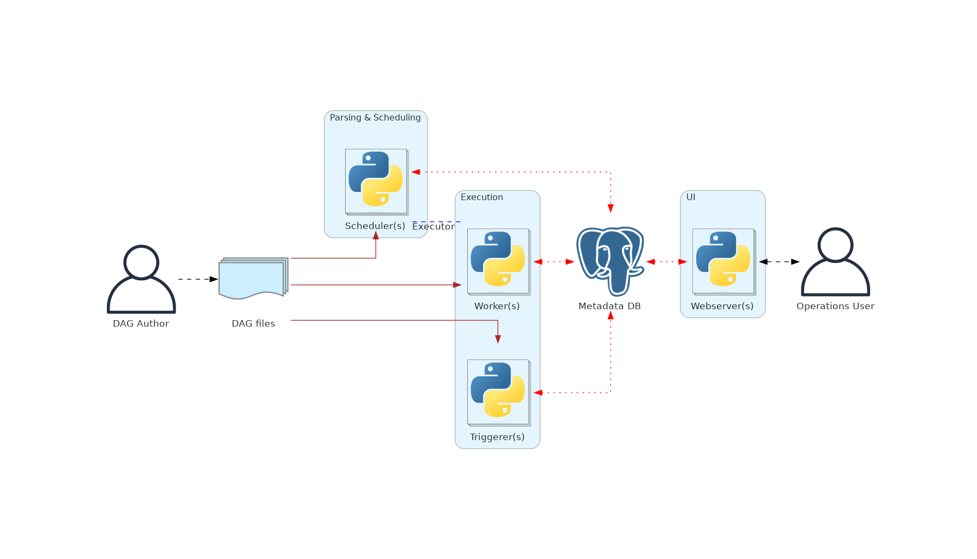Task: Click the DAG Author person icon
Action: click(x=141, y=279)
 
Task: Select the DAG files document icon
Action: click(x=253, y=278)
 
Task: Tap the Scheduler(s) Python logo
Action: click(x=376, y=179)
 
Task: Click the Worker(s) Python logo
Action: click(x=498, y=259)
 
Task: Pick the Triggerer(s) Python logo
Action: click(x=498, y=390)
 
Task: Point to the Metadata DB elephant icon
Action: click(x=610, y=261)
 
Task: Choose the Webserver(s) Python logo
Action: click(x=723, y=259)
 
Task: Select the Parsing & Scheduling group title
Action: click(x=375, y=118)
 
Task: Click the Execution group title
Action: click(x=482, y=197)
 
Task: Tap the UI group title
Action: click(x=691, y=197)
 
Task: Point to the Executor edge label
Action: click(x=433, y=226)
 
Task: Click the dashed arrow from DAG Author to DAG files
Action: click(x=197, y=279)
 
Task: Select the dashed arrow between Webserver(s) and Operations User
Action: click(x=779, y=262)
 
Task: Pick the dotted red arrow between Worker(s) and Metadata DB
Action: click(x=554, y=262)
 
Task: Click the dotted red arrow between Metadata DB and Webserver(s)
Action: click(x=666, y=262)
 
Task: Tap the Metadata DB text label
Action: click(x=610, y=306)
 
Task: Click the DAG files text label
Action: click(x=254, y=324)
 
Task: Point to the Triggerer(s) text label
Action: click(x=497, y=437)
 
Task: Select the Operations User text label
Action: click(x=835, y=306)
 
